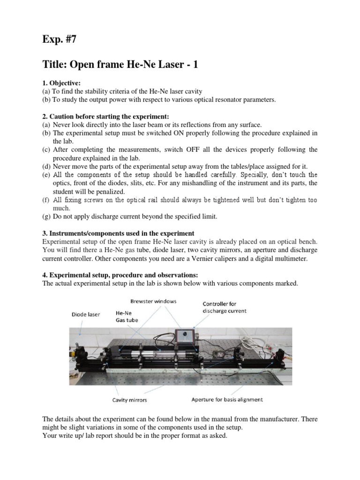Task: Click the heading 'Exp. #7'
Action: pos(59,39)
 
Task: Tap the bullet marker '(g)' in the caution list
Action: pos(46,216)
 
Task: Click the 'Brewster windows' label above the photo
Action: pos(153,301)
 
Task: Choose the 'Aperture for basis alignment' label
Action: pos(227,400)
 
